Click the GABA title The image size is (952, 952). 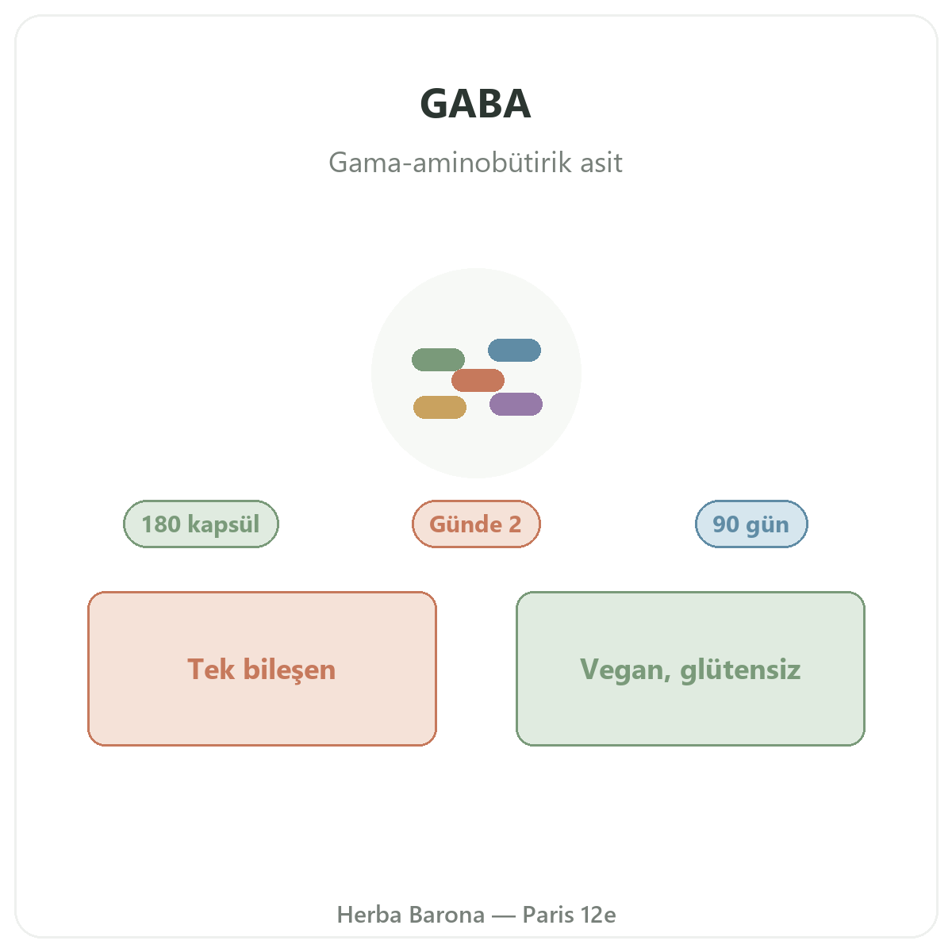475,104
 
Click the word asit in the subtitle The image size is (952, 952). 601,163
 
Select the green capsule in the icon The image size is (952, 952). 438,359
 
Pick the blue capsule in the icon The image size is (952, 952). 514,351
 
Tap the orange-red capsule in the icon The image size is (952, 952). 478,381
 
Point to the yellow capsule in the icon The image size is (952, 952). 440,407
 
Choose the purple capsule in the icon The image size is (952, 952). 516,404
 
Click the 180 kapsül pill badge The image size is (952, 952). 201,524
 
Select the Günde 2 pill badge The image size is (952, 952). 476,524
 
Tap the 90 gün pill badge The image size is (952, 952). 751,524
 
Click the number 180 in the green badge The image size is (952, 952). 161,524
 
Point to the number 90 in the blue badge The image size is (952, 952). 726,524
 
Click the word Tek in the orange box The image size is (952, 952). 211,670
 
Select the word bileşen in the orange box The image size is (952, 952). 290,670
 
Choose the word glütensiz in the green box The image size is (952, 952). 740,670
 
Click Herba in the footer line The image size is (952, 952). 369,915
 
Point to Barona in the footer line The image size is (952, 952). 447,915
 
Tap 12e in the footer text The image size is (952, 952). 598,915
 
